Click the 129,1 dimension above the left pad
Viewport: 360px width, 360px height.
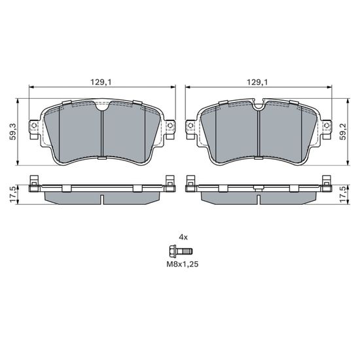coord(101,82)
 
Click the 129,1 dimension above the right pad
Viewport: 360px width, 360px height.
coord(257,82)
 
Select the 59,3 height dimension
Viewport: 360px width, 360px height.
coord(13,132)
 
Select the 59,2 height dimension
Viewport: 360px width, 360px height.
coord(343,132)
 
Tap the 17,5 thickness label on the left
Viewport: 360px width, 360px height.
coord(13,194)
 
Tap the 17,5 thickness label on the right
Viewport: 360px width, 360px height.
coord(343,194)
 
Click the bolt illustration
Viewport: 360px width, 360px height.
coord(181,251)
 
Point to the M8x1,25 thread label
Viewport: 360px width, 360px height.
coord(183,264)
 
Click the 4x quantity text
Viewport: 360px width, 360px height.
coord(183,237)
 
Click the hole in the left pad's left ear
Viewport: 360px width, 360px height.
coord(34,126)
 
